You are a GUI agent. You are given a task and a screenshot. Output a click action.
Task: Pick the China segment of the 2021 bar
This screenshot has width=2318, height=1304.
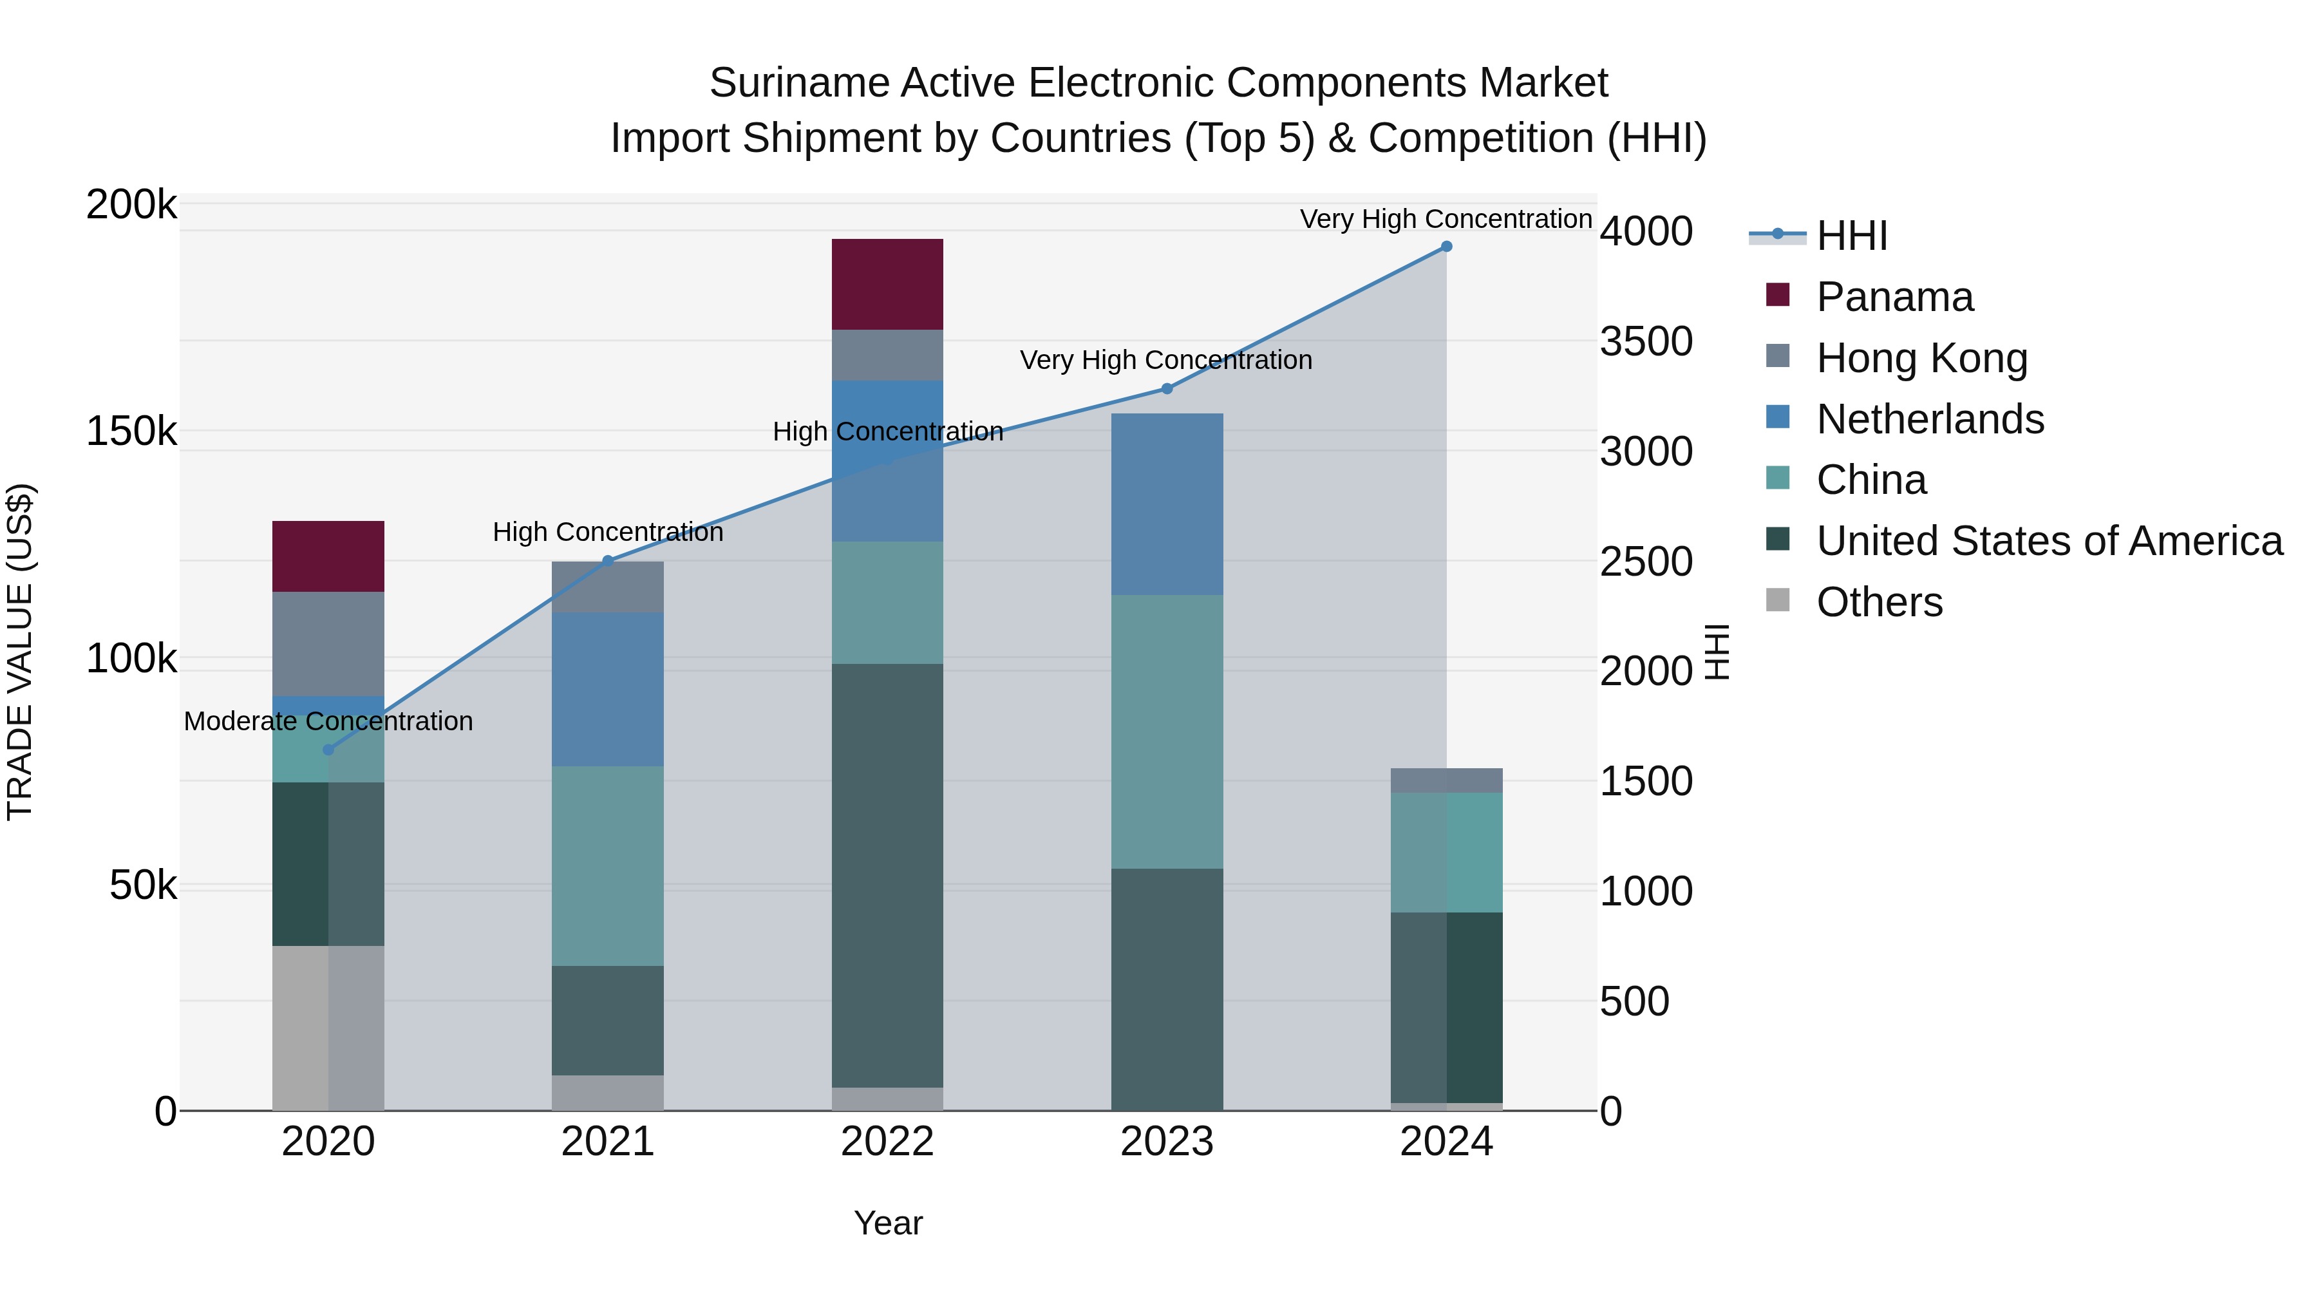607,865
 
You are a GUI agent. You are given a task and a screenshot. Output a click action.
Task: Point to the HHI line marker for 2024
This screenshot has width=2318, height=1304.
1446,246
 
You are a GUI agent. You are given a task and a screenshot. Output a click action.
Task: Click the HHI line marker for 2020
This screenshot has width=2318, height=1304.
328,749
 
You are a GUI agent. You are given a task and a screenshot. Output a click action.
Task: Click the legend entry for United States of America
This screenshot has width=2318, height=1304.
2048,540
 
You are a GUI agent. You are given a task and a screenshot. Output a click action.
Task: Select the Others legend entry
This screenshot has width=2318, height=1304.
1879,601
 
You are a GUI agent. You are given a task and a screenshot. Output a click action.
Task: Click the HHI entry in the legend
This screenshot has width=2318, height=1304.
1851,236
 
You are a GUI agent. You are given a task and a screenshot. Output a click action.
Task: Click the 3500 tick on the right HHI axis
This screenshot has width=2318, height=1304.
1645,341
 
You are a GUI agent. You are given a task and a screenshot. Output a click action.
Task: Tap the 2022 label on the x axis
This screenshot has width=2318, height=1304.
887,1141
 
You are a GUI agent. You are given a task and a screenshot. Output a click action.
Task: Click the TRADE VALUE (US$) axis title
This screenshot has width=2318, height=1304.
20,652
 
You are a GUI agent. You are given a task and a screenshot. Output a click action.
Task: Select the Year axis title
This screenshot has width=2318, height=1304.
887,1223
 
